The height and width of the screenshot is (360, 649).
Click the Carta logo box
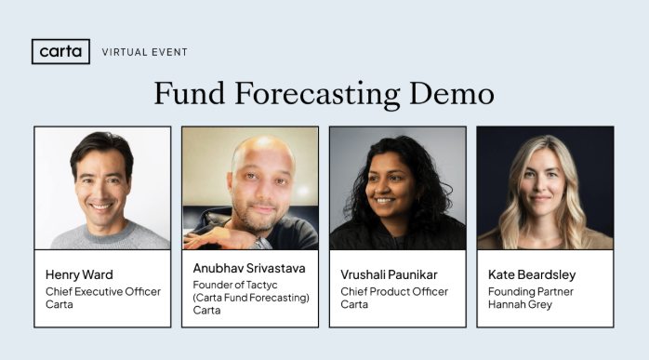tap(60, 51)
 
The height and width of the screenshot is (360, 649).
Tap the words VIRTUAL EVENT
tap(144, 52)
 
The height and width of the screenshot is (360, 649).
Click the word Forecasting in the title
tap(319, 94)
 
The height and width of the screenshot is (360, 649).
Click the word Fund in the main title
tap(190, 94)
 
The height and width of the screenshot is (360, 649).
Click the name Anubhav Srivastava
tap(249, 268)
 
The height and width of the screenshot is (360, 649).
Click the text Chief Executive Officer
tap(103, 291)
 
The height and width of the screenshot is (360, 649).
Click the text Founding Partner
tap(531, 291)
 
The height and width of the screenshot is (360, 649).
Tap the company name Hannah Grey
tap(520, 304)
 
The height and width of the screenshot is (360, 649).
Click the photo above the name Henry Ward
tap(103, 189)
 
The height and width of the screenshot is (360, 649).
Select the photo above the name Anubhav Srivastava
tap(250, 189)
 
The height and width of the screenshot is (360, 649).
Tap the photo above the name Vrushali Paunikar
tap(398, 189)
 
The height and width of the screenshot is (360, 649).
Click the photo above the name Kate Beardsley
tap(545, 189)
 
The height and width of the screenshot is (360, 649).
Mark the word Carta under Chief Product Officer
tap(354, 304)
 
